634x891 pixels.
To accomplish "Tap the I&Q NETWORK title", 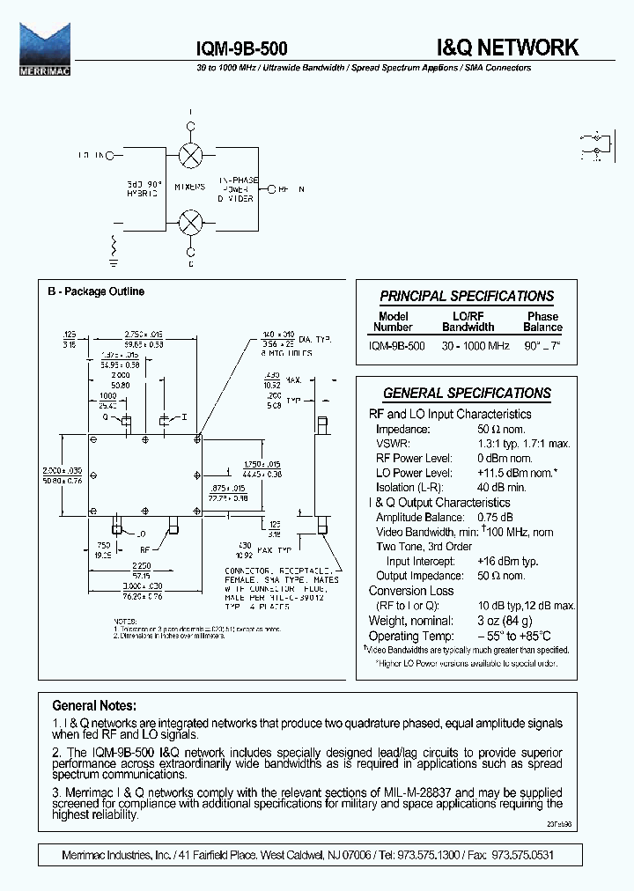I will click(507, 48).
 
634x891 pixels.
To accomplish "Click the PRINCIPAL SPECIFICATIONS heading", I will click(467, 297).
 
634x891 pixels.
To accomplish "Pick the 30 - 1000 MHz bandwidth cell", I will click(476, 346).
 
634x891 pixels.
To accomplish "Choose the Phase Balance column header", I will click(542, 321).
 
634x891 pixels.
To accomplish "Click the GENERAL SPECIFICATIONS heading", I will click(467, 394).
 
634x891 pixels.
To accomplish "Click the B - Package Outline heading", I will click(96, 291).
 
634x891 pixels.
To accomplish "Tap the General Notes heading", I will click(94, 706).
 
